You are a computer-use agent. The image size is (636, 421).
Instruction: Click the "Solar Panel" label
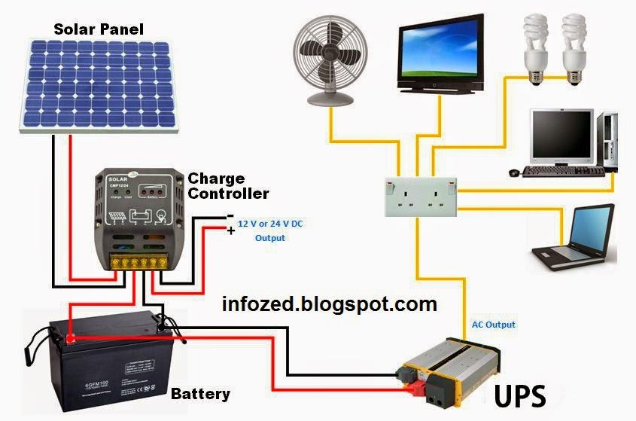pos(98,30)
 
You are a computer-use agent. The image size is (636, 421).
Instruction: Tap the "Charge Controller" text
pos(227,186)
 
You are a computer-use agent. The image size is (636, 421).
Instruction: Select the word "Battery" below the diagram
pos(200,394)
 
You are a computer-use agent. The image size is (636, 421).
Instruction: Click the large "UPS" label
pos(519,394)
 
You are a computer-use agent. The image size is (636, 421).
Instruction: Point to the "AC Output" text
pos(493,325)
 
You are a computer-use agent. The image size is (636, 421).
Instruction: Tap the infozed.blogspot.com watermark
pos(330,304)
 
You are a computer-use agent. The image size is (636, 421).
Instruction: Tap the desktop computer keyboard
pos(563,171)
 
